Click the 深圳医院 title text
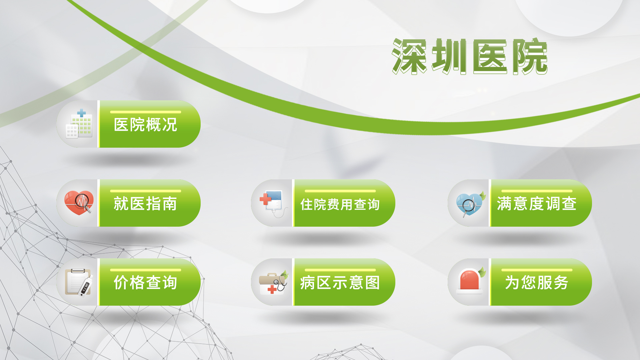(470, 56)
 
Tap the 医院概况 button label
(145, 125)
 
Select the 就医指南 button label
(145, 204)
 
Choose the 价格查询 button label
(145, 283)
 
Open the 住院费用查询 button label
(340, 204)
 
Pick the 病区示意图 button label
(340, 283)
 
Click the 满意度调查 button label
(537, 204)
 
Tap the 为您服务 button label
(537, 283)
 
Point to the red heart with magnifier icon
(79, 203)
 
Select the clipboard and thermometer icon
(79, 282)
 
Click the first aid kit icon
(273, 282)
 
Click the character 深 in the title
(410, 56)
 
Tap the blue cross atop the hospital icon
(82, 113)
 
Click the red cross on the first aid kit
(272, 289)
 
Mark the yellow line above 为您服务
(537, 270)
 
